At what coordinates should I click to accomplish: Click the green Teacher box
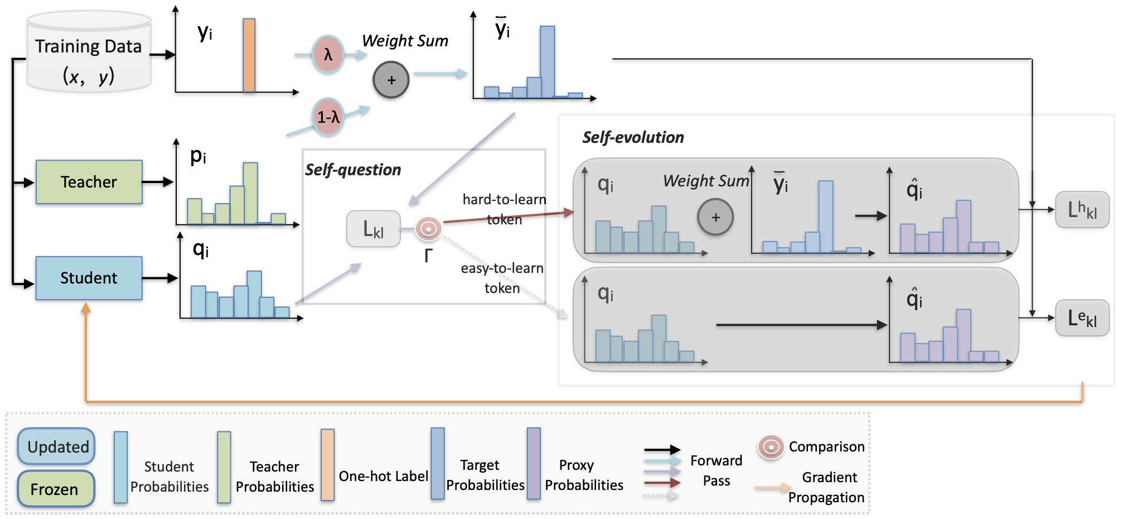click(x=89, y=182)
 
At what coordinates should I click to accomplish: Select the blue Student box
click(x=89, y=278)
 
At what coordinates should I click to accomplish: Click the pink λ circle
click(x=328, y=55)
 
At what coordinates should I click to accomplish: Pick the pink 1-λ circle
click(x=328, y=117)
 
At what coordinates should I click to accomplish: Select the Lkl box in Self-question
click(x=373, y=229)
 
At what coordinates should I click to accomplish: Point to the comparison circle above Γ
click(x=428, y=229)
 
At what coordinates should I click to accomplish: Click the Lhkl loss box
click(x=1082, y=210)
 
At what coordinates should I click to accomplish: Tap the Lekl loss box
click(x=1082, y=318)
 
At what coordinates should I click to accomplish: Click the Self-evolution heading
click(x=633, y=137)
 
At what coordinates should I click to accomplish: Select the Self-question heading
click(x=353, y=170)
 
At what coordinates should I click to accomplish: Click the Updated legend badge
click(x=56, y=446)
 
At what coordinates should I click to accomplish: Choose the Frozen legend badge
click(x=55, y=489)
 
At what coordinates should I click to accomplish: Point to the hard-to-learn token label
click(x=504, y=209)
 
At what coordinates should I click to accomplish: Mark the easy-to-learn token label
click(x=502, y=278)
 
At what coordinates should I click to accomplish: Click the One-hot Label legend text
click(x=384, y=476)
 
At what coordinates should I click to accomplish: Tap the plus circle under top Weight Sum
click(x=391, y=80)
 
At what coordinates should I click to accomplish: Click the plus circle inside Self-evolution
click(x=715, y=217)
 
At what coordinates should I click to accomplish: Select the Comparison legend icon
click(x=771, y=447)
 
